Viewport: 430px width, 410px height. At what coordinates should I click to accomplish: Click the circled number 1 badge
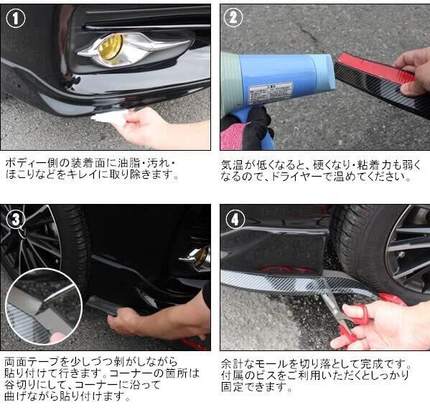[x=15, y=18]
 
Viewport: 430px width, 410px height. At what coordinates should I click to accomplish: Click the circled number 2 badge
[x=233, y=17]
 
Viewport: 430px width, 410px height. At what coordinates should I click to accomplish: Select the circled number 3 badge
[x=16, y=219]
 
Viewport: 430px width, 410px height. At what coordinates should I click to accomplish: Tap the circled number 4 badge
[x=235, y=220]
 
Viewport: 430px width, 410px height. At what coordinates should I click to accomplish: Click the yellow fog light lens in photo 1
[x=111, y=47]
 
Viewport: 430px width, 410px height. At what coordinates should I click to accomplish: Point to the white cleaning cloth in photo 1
[x=110, y=117]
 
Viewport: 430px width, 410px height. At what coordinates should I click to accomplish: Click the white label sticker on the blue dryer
[x=271, y=93]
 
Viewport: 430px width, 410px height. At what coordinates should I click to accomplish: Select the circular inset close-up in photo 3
[x=44, y=307]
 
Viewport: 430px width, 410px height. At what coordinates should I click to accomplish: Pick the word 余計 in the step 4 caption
[x=233, y=364]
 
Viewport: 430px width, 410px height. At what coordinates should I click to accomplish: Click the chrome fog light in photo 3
[x=196, y=258]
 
